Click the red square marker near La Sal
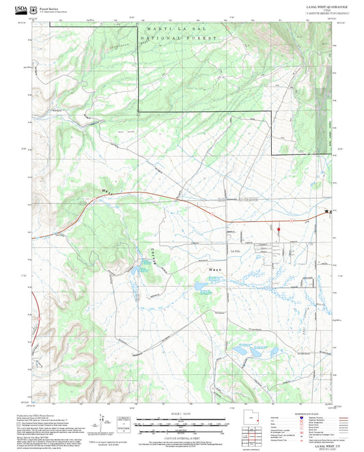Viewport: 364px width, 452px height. pos(279,228)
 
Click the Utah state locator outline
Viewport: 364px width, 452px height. pos(254,418)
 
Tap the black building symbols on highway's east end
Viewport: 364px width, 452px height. pos(328,212)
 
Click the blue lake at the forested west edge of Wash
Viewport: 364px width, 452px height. pos(202,289)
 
